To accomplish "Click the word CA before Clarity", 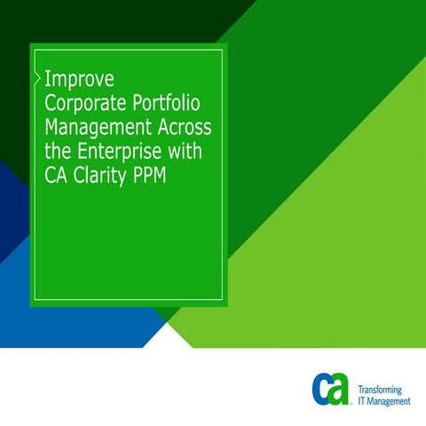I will click(56, 176).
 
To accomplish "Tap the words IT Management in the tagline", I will click(383, 402).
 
